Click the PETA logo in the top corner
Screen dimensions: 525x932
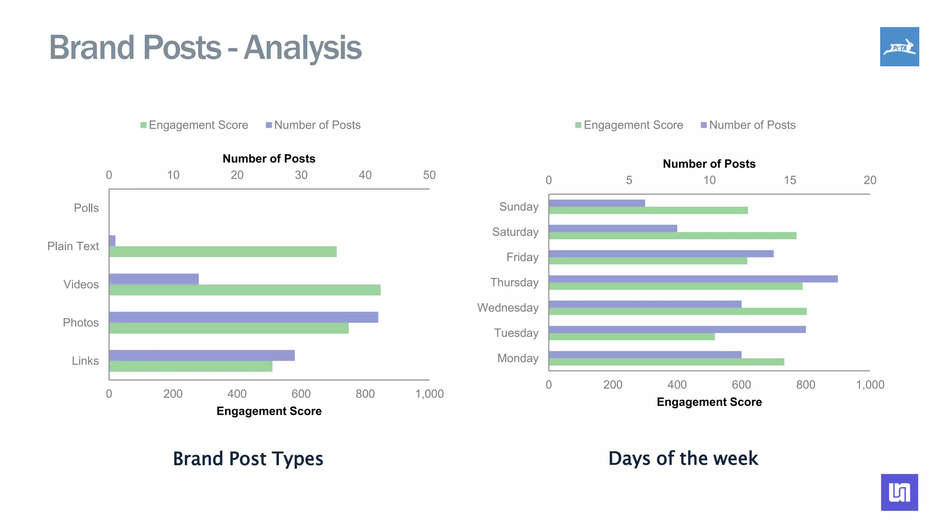[899, 46]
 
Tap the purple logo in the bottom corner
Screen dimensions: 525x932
[899, 492]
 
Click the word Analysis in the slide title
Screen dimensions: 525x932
[303, 47]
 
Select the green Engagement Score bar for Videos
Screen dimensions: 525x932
[245, 290]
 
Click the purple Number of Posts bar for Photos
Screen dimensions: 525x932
[243, 317]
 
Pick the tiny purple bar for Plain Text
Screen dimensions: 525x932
[112, 241]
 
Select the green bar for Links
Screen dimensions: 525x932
[191, 366]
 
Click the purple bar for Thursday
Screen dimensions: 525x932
[693, 279]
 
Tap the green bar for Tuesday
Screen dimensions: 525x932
[632, 337]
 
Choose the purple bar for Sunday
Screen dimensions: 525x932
[597, 203]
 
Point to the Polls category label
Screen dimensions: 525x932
[86, 208]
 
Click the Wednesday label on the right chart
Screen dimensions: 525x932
[507, 308]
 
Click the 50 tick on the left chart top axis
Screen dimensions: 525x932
[429, 175]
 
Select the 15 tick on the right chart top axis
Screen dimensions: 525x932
[790, 180]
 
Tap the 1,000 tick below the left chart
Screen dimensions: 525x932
[429, 394]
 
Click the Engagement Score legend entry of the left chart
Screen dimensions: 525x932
[194, 125]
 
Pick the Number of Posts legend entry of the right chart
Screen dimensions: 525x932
[748, 125]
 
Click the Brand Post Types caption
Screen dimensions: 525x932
[248, 458]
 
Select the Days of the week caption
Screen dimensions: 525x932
[683, 458]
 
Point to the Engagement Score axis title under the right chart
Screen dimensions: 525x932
[709, 402]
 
